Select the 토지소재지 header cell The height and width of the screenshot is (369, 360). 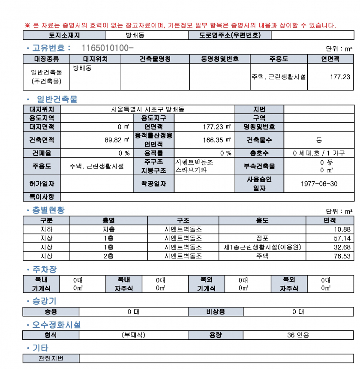[64, 35]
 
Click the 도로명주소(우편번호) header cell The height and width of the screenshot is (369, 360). [230, 35]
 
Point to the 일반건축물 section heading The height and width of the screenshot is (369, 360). [57, 99]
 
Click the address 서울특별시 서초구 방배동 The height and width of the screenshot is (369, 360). [147, 109]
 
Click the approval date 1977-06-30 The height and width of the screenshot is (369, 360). [320, 183]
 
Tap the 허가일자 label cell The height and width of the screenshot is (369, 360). [41, 183]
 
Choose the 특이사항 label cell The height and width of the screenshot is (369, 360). [41, 197]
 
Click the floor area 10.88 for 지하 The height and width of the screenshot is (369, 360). [342, 229]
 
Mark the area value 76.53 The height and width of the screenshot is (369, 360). [342, 256]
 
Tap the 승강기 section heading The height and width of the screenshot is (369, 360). [44, 301]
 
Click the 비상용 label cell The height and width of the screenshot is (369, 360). [213, 312]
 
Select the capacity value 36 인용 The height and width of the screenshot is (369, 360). [298, 335]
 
